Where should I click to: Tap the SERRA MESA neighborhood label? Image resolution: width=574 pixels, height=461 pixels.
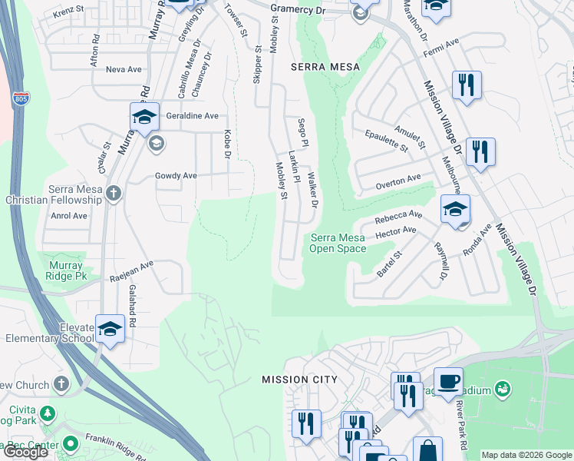point(325,67)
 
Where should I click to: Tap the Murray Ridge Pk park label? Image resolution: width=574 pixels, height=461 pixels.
point(64,270)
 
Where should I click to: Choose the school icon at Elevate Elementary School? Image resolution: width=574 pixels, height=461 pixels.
point(110,328)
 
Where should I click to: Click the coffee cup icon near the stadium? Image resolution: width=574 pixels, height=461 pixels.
point(447,380)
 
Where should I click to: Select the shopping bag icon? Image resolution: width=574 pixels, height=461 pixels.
point(427,449)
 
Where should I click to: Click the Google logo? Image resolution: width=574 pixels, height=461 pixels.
point(25,453)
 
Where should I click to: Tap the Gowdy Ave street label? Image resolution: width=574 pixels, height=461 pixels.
point(176,175)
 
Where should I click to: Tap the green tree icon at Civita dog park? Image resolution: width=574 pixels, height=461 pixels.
point(48,414)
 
